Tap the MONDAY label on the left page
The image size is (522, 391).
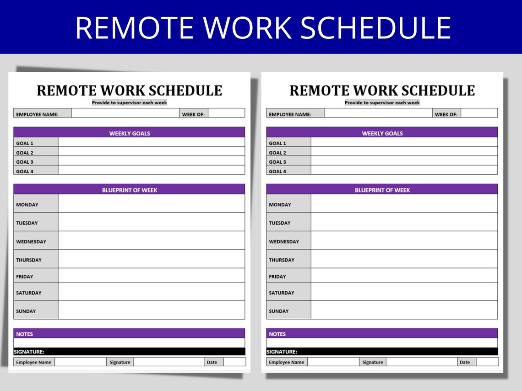point(27,205)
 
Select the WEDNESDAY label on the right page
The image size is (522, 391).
point(284,241)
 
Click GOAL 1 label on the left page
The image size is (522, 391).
point(25,143)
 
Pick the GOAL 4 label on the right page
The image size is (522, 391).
point(277,171)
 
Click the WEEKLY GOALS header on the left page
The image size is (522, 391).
point(130,134)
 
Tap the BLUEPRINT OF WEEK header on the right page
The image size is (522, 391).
point(382,190)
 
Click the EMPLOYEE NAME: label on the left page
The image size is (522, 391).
point(37,114)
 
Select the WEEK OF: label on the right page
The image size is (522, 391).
point(446,114)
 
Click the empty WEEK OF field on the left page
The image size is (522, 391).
point(226,113)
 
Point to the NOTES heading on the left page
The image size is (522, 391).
point(25,334)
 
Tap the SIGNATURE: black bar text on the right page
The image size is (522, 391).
point(282,352)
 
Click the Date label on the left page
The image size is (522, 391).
point(212,362)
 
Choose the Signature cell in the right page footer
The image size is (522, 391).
point(373,362)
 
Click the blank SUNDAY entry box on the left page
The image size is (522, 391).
point(151,310)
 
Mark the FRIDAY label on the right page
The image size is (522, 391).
point(277,277)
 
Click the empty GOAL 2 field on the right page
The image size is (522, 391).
point(404,152)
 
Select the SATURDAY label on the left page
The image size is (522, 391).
point(29,293)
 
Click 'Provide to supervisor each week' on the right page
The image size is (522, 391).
point(382,103)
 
